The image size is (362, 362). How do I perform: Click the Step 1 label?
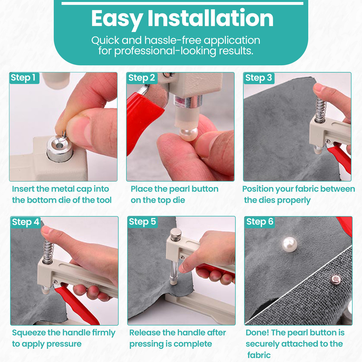(23, 77)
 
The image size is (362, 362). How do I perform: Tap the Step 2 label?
(141, 78)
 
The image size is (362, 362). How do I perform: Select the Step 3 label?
(258, 78)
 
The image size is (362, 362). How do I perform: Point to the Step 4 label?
(25, 222)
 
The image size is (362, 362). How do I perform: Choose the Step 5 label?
(142, 222)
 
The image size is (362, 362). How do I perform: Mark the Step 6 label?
(260, 222)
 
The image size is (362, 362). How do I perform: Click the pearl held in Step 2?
(189, 134)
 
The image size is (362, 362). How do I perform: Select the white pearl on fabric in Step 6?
(289, 244)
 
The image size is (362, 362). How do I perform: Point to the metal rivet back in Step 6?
(336, 280)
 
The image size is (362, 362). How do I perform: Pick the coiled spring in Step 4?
(48, 252)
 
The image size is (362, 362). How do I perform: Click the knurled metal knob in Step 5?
(176, 234)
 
